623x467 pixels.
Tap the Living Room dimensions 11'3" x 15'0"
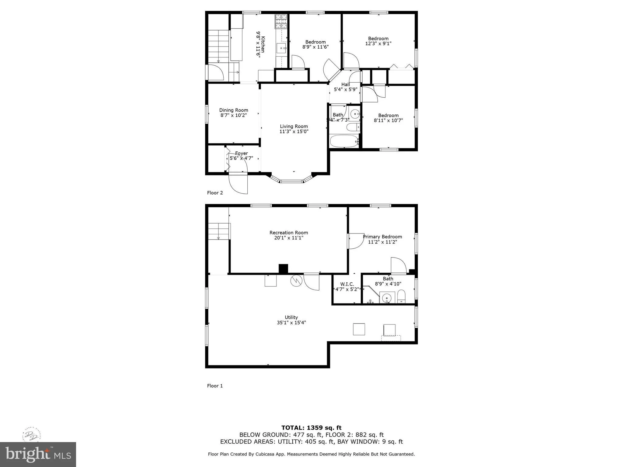coord(294,132)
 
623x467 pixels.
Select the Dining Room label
coord(234,110)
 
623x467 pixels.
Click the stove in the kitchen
coord(281,21)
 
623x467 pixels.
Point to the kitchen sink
coord(281,48)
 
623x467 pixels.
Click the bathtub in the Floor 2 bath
coord(344,141)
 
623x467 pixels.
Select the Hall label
coord(345,85)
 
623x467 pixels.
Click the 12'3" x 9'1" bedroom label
coord(378,41)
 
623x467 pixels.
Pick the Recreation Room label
coord(289,233)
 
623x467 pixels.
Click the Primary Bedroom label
coord(382,237)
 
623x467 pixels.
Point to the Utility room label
coord(291,317)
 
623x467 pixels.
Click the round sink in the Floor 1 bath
coord(387,298)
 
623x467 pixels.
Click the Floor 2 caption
coord(215,193)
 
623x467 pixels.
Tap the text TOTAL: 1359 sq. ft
coord(311,428)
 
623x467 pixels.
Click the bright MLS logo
coord(38,455)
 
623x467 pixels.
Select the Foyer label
coord(241,153)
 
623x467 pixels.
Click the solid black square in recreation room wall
coord(283,268)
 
